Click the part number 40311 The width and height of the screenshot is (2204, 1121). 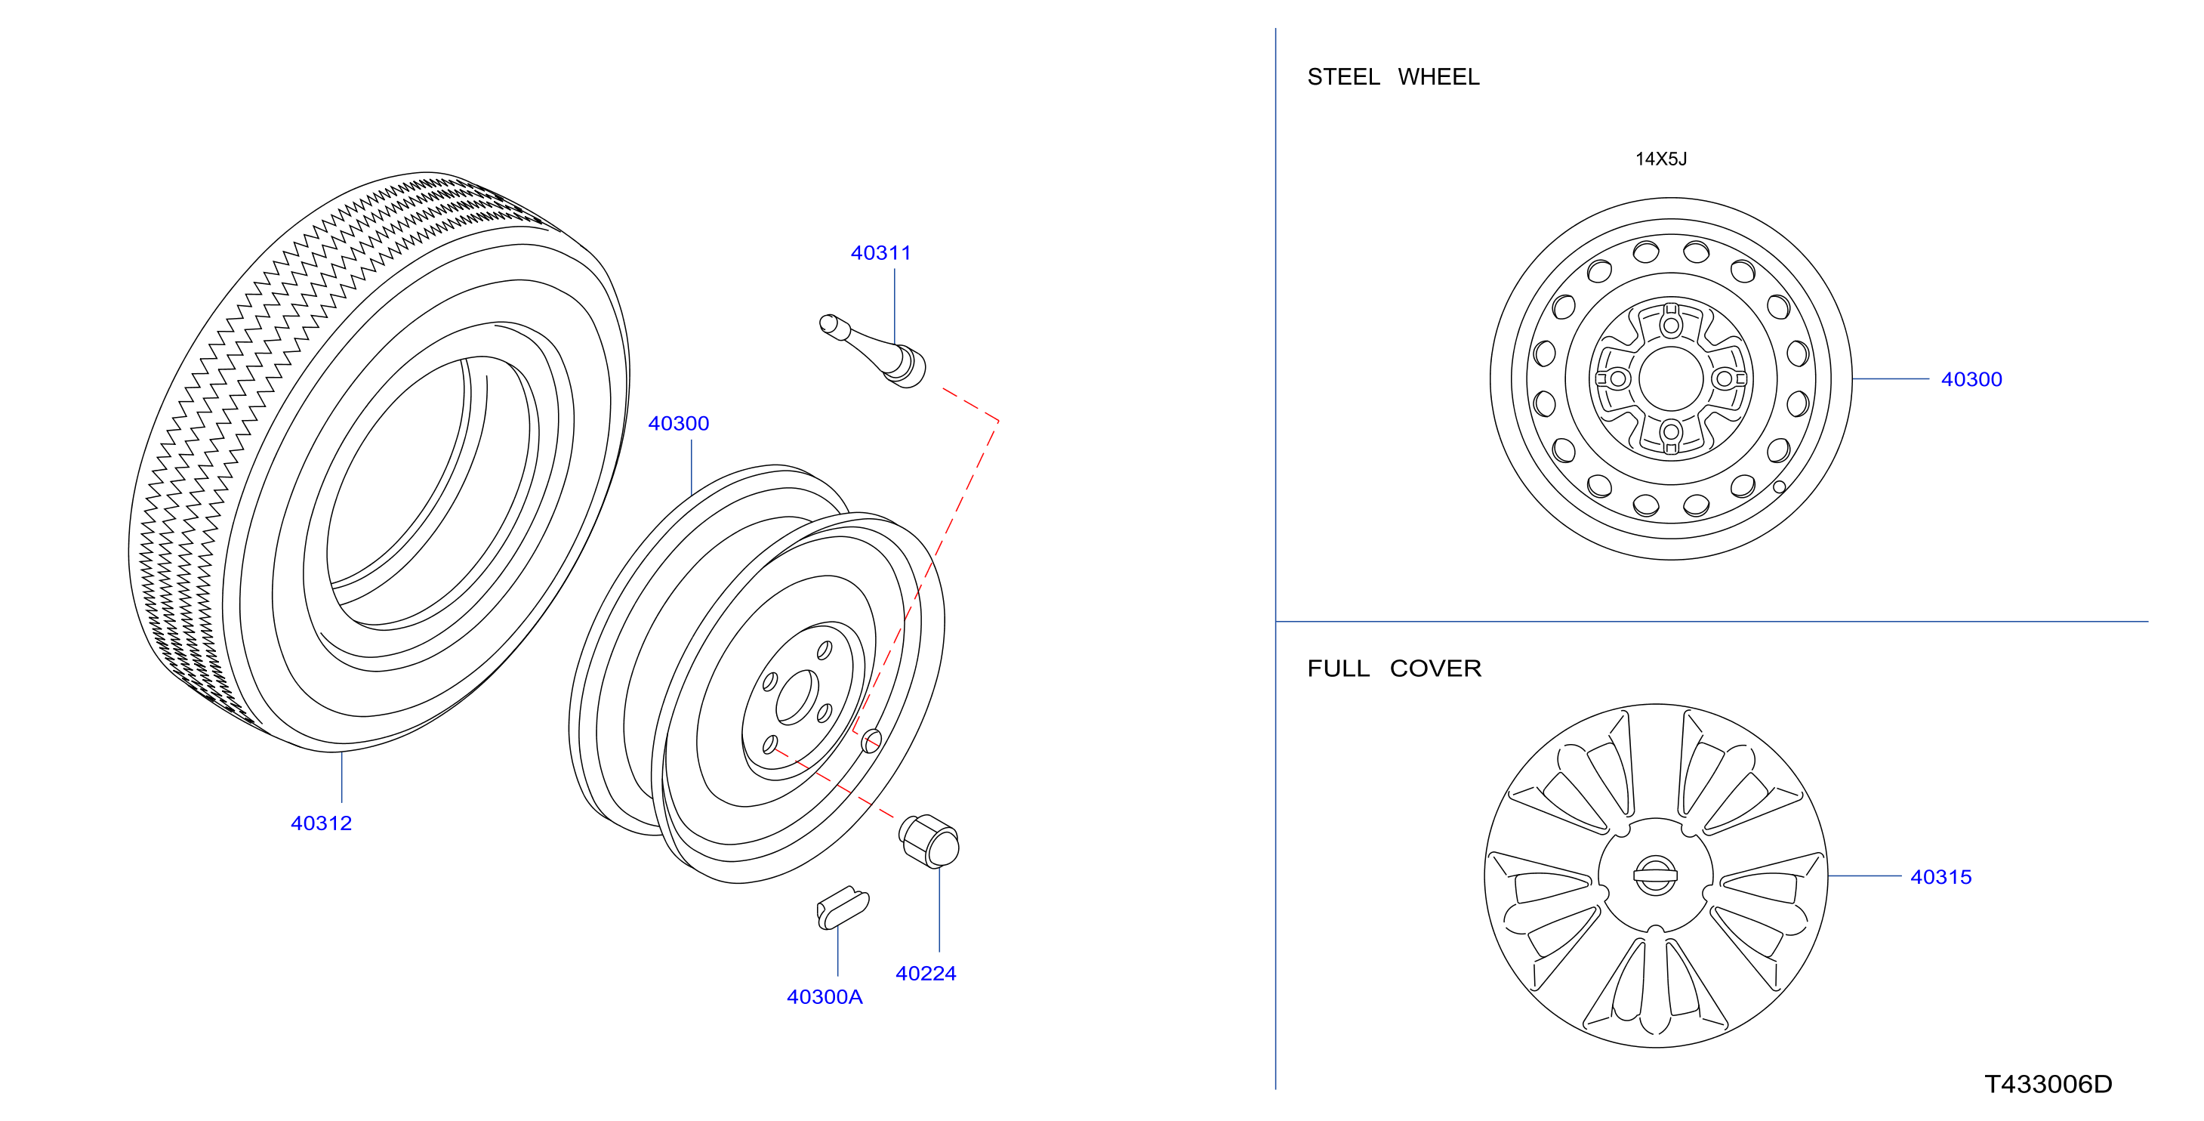(880, 252)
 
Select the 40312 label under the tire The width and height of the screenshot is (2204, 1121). (321, 823)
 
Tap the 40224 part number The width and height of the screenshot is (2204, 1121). (926, 973)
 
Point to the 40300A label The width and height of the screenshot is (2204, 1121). (825, 997)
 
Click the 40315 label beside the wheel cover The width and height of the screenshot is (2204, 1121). (1940, 877)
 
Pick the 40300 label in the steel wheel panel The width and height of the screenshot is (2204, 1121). (1971, 379)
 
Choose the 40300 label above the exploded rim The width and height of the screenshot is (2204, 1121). (679, 423)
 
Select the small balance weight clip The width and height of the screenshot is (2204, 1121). (843, 908)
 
